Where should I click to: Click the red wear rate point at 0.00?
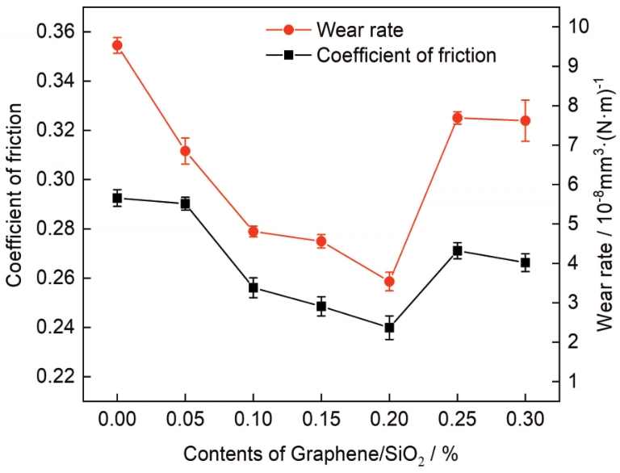[117, 45]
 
